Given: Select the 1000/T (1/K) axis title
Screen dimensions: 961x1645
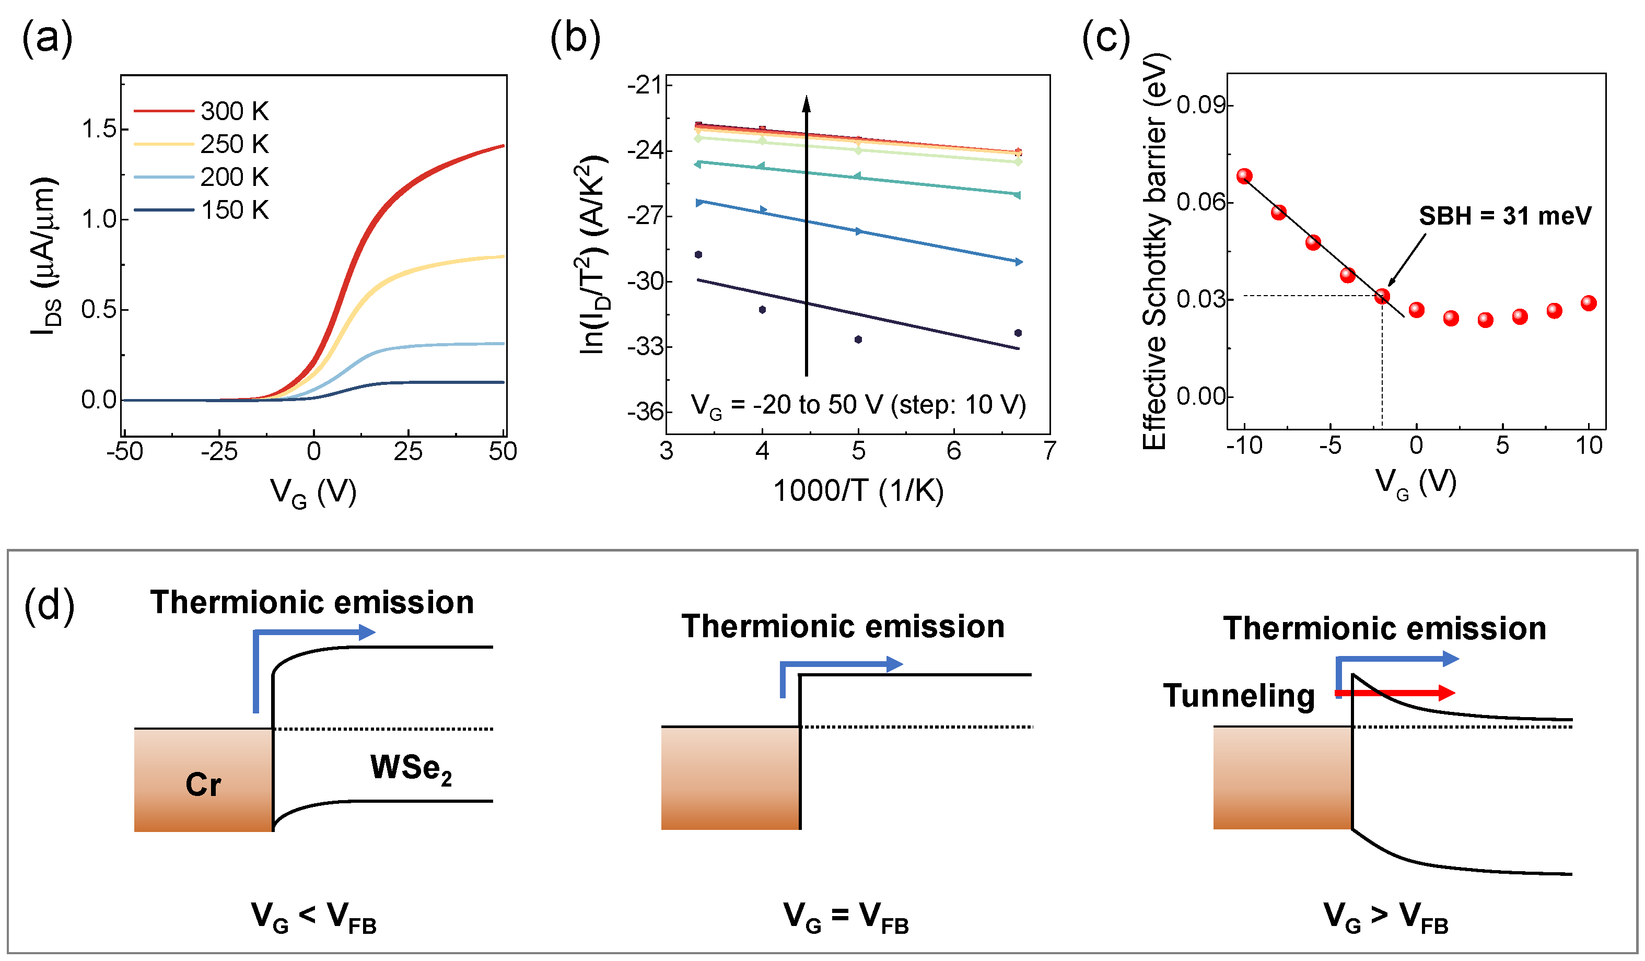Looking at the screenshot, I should [858, 491].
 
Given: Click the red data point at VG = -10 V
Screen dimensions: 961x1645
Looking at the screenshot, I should [1244, 175].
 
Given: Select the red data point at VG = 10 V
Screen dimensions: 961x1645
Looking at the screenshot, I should [1589, 303].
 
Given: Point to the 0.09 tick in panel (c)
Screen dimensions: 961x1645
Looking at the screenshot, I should [1200, 105].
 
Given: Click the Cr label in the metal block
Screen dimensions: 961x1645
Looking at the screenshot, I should [203, 784].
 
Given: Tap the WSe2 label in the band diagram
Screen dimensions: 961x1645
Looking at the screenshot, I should [411, 768].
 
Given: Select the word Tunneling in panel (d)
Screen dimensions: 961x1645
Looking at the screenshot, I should [1238, 696].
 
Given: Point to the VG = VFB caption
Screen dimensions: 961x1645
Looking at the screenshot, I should [845, 917].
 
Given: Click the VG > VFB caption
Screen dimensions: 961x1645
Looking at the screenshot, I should [1385, 917].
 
